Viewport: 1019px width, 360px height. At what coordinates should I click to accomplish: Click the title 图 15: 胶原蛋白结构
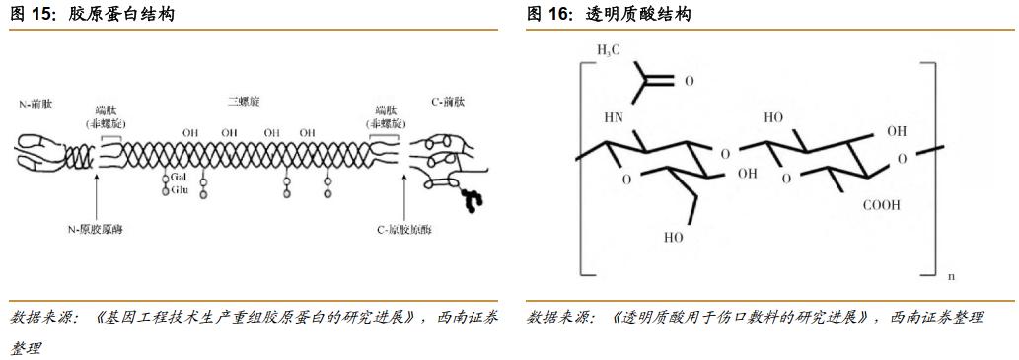(x=93, y=14)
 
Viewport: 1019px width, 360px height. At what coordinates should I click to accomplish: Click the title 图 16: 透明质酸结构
(x=609, y=14)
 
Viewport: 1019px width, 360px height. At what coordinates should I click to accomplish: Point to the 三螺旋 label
(x=242, y=102)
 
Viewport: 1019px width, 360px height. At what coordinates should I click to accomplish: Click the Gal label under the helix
(x=180, y=176)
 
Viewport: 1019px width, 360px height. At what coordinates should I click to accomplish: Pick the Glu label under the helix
(x=180, y=189)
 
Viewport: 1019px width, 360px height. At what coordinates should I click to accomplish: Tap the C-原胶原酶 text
(x=403, y=229)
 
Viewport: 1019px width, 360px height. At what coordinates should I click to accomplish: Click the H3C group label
(x=610, y=50)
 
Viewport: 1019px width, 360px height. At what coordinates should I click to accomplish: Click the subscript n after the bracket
(x=951, y=277)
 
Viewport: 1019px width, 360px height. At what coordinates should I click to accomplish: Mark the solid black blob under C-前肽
(x=473, y=199)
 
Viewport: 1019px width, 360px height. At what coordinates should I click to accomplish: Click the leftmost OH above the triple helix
(x=190, y=132)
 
